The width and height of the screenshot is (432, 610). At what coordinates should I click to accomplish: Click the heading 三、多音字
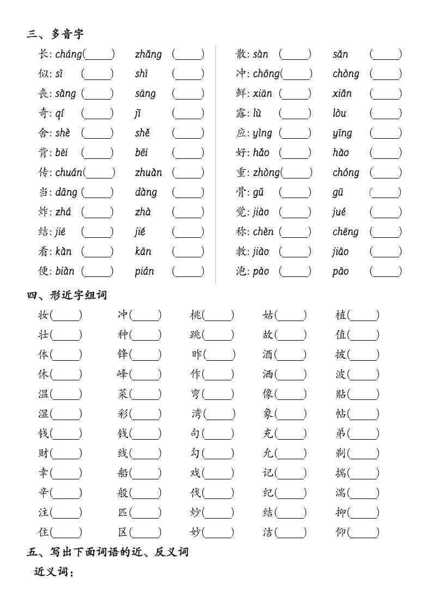[x=55, y=34]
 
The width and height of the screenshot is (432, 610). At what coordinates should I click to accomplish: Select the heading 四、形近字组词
[x=67, y=295]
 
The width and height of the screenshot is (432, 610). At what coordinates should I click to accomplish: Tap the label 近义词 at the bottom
[x=53, y=571]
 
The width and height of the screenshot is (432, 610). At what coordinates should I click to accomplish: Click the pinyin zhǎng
[x=148, y=54]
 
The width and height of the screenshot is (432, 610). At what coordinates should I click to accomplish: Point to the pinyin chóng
[x=345, y=172]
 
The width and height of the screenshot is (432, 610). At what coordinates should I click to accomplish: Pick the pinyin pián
[x=144, y=271]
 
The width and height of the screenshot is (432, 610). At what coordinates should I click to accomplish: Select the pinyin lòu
[x=339, y=113]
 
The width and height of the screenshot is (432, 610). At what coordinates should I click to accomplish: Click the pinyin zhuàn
[x=148, y=172]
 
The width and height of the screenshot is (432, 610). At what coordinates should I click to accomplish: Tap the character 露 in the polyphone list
[x=241, y=113]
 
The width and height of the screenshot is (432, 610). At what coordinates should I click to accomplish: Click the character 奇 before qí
[x=44, y=113]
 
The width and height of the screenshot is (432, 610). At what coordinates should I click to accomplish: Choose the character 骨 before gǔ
[x=241, y=192]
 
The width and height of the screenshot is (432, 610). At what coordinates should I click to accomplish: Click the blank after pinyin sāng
[x=188, y=94]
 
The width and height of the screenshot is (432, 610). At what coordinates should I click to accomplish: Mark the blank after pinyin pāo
[x=386, y=271]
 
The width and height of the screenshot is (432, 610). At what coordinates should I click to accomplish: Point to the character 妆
[x=44, y=315]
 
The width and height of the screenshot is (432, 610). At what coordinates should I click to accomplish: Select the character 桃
[x=196, y=315]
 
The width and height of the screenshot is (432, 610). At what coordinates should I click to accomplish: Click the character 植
[x=341, y=315]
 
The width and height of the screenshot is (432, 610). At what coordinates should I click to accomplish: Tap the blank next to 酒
[x=290, y=354]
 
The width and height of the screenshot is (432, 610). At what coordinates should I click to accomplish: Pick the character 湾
[x=197, y=414]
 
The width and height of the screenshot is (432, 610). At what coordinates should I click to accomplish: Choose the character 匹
[x=123, y=512]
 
